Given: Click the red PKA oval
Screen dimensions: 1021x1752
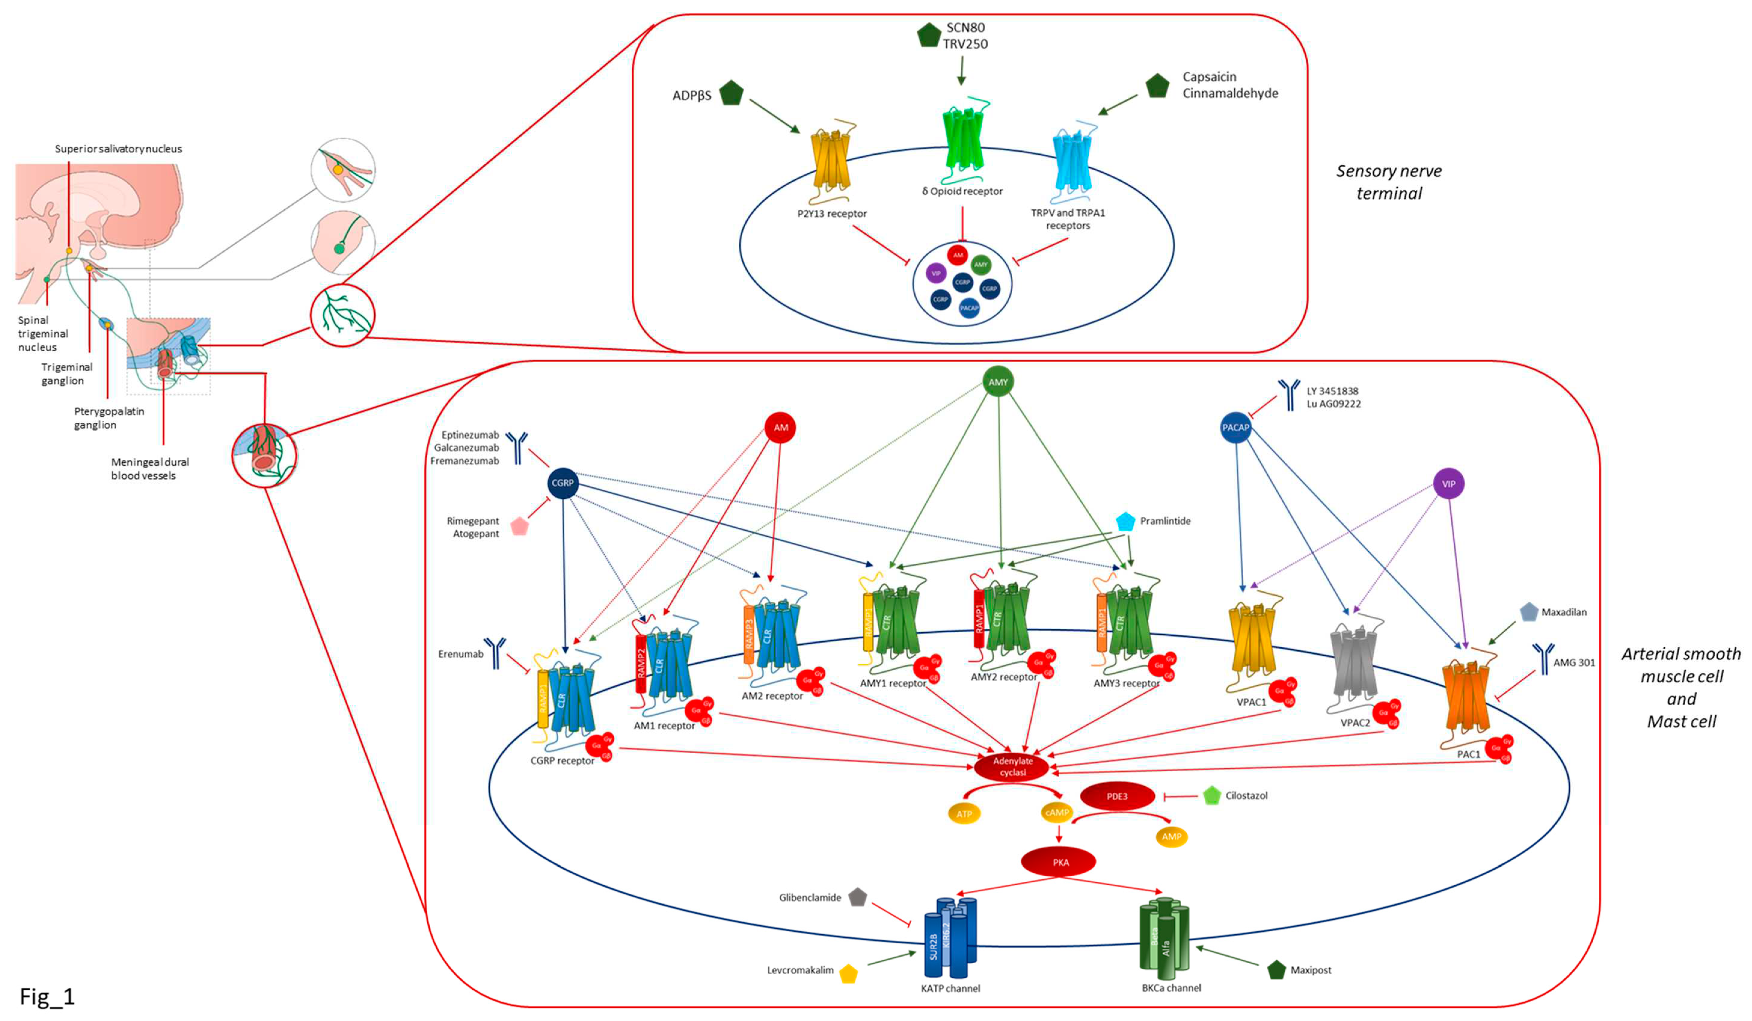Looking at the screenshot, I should click(1058, 862).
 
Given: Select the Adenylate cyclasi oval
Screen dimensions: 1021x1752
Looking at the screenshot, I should click(1012, 767).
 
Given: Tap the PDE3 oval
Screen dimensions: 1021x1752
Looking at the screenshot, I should click(1117, 796).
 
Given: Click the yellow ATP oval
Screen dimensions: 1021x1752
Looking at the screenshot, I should click(964, 814).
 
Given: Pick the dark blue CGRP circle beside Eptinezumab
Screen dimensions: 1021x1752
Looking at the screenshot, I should click(563, 483).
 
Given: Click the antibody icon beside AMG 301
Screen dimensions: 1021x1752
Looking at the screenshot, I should click(1543, 659).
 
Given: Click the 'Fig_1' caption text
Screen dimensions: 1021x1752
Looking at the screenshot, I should click(47, 997).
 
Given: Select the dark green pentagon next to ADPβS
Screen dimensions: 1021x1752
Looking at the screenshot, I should click(731, 93).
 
